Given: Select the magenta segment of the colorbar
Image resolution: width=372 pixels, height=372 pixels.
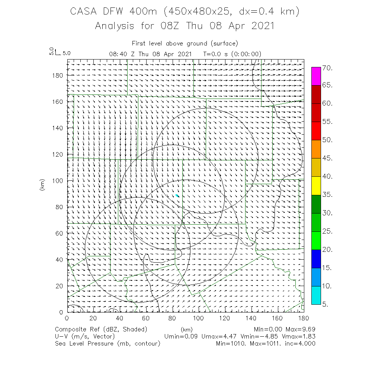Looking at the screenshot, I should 316,76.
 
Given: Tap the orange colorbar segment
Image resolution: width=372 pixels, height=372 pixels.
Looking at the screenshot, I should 316,149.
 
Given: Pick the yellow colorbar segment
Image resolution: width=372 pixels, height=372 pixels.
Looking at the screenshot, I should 316,186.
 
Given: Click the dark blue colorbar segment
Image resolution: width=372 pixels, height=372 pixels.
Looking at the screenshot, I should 316,259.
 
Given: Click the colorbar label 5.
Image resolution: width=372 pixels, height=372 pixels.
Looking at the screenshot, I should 325,304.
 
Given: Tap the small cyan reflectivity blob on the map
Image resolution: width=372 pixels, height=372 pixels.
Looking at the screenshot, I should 177,195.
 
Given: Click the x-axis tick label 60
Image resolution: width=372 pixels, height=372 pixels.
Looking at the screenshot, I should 146,318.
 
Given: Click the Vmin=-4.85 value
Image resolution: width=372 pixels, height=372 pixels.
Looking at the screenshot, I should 265,336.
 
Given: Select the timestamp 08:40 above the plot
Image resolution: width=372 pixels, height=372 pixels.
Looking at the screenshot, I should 118,54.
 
